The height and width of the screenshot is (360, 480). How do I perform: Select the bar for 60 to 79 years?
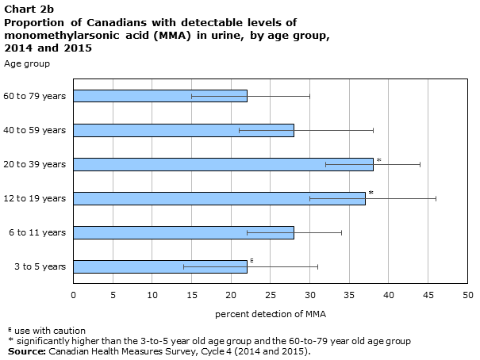click(x=160, y=96)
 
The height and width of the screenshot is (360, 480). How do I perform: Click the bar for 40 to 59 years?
click(x=184, y=130)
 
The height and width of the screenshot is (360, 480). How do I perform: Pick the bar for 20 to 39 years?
click(x=223, y=165)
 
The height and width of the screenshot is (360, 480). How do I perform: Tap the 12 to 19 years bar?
click(x=219, y=198)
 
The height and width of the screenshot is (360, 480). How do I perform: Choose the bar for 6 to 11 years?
click(x=184, y=233)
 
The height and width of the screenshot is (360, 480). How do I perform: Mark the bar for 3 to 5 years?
click(x=160, y=266)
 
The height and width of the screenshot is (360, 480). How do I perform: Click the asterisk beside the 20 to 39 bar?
click(x=379, y=160)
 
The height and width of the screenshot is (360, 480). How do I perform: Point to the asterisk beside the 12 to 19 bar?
click(x=371, y=193)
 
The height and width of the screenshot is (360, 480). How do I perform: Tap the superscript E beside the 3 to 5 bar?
click(x=252, y=261)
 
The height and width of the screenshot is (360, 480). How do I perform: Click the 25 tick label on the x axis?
click(x=271, y=295)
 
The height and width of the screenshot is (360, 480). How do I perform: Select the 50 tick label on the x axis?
click(x=468, y=295)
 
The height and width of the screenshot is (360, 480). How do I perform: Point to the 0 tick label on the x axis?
click(x=74, y=295)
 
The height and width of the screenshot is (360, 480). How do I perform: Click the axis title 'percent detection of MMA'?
click(x=271, y=314)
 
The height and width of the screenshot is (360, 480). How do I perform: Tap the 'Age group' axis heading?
click(x=27, y=64)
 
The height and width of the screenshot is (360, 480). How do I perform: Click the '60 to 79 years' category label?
click(x=35, y=96)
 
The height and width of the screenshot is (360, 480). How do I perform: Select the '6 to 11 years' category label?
click(x=37, y=233)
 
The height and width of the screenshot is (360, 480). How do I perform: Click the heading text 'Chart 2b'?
click(x=29, y=10)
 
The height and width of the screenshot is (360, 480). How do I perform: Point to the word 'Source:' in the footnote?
click(x=27, y=351)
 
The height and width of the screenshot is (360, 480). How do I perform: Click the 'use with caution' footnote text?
click(x=50, y=331)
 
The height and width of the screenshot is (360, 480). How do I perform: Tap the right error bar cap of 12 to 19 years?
click(x=436, y=199)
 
